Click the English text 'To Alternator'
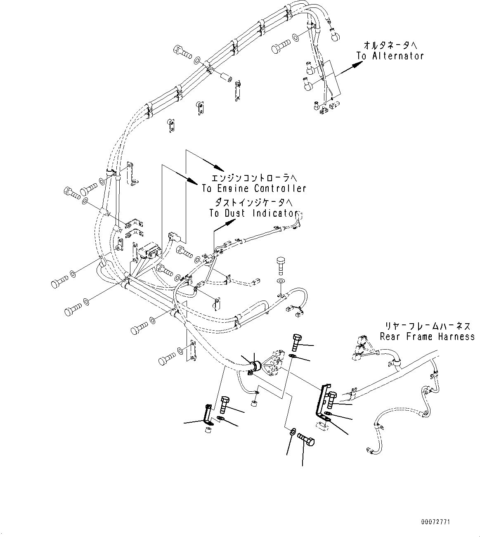390,56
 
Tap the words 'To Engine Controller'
254,189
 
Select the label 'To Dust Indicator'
253,213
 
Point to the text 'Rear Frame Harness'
427,336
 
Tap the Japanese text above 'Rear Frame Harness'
427,326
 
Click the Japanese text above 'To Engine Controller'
253,178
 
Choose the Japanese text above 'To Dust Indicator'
253,202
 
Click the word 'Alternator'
397,56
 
